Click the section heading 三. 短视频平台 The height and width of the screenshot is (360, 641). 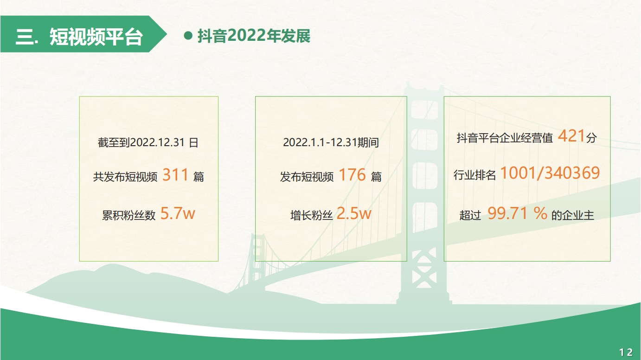pos(79,37)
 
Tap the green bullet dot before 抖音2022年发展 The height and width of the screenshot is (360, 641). pos(188,36)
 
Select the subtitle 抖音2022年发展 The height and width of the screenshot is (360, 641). pos(254,36)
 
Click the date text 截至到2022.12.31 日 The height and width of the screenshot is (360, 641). pos(148,142)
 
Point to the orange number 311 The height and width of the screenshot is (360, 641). pos(175,174)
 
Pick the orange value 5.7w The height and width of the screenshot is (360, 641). pos(178,213)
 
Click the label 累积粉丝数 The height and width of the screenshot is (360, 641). pos(129,215)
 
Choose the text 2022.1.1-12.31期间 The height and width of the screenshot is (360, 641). pos(331,142)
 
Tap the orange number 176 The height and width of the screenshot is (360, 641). pos(352,174)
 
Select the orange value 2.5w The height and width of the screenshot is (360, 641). pos(354,213)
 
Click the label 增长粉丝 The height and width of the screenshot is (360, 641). pos(311,215)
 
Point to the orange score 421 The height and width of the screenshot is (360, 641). pos(571,135)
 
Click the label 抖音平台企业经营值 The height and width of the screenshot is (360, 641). pos(505,138)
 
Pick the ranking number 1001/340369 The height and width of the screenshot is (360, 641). pos(550,173)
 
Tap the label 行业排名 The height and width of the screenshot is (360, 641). pos(475,175)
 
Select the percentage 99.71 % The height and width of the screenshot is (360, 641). pos(517,213)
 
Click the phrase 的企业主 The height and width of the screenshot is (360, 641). pos(573,215)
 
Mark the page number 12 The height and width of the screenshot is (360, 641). pos(626,352)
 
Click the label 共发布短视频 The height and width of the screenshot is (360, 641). pos(125,177)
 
